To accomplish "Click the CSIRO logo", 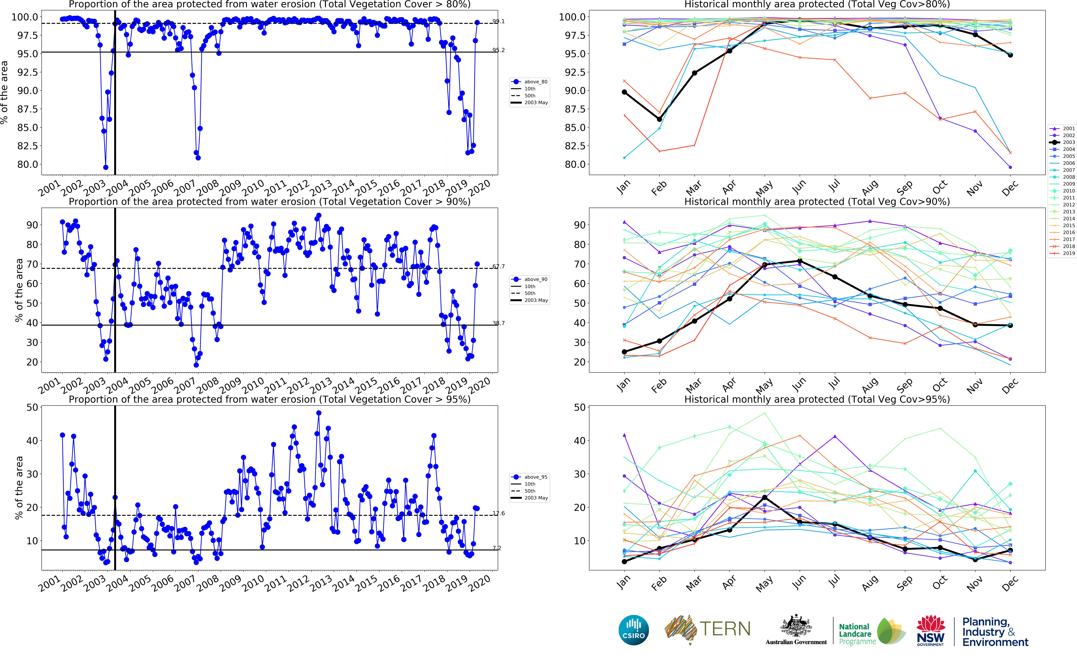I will coord(633,630).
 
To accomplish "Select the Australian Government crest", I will coord(796,626).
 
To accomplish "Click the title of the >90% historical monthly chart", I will coord(816,202).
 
